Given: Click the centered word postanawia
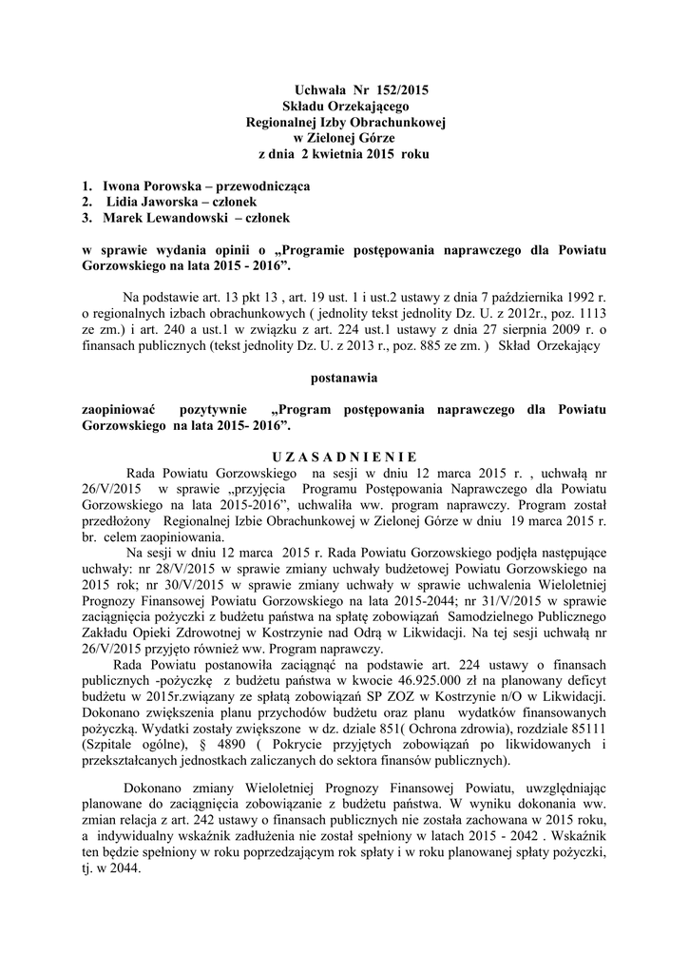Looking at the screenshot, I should tap(345, 378).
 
